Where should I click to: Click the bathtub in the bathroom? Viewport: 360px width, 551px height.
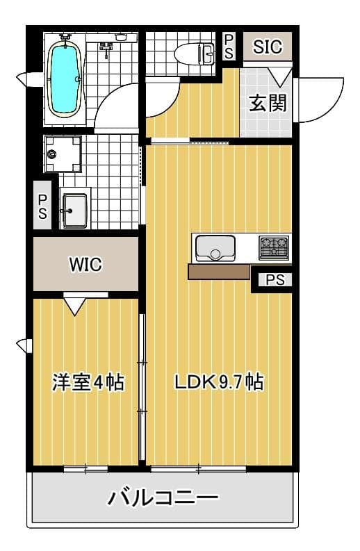[65, 78]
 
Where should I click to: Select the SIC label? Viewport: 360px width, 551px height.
[268, 47]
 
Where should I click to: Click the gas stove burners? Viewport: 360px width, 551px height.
[273, 247]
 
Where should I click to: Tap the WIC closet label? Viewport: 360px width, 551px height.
[85, 265]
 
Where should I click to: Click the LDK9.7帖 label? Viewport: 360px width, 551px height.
[218, 381]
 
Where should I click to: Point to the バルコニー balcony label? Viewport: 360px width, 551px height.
[163, 497]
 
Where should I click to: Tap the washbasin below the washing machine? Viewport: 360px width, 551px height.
[73, 210]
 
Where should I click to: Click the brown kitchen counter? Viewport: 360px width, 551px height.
[219, 271]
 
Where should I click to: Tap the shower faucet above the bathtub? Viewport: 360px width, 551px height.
[106, 47]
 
